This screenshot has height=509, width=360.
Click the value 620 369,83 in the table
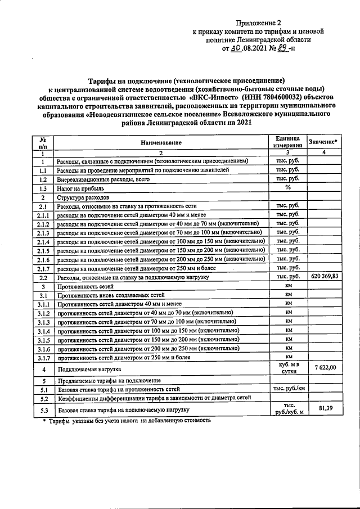point(324,278)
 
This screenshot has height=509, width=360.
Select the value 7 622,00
point(325,367)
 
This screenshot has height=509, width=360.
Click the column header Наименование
point(161,143)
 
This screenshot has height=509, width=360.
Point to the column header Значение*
point(325,143)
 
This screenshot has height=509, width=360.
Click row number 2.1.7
point(43,269)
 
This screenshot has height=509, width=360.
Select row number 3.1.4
point(43,331)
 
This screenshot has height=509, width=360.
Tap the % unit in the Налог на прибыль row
point(287,188)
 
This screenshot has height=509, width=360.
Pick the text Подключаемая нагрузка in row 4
point(89,369)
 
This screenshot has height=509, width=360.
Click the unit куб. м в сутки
point(287,368)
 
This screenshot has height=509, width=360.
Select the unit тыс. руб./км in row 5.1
point(289,389)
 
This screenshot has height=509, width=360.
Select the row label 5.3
point(43,411)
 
